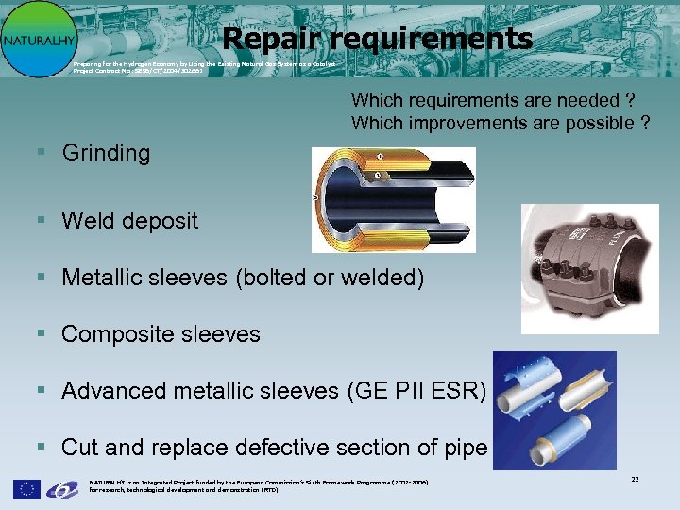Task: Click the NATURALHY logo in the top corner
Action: point(38,39)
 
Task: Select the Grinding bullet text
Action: point(106,153)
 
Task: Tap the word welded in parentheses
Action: point(386,278)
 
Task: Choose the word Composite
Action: point(118,334)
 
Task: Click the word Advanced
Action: point(110,391)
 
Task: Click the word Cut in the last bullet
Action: point(79,448)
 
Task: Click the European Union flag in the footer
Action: point(26,488)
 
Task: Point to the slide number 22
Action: point(636,481)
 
